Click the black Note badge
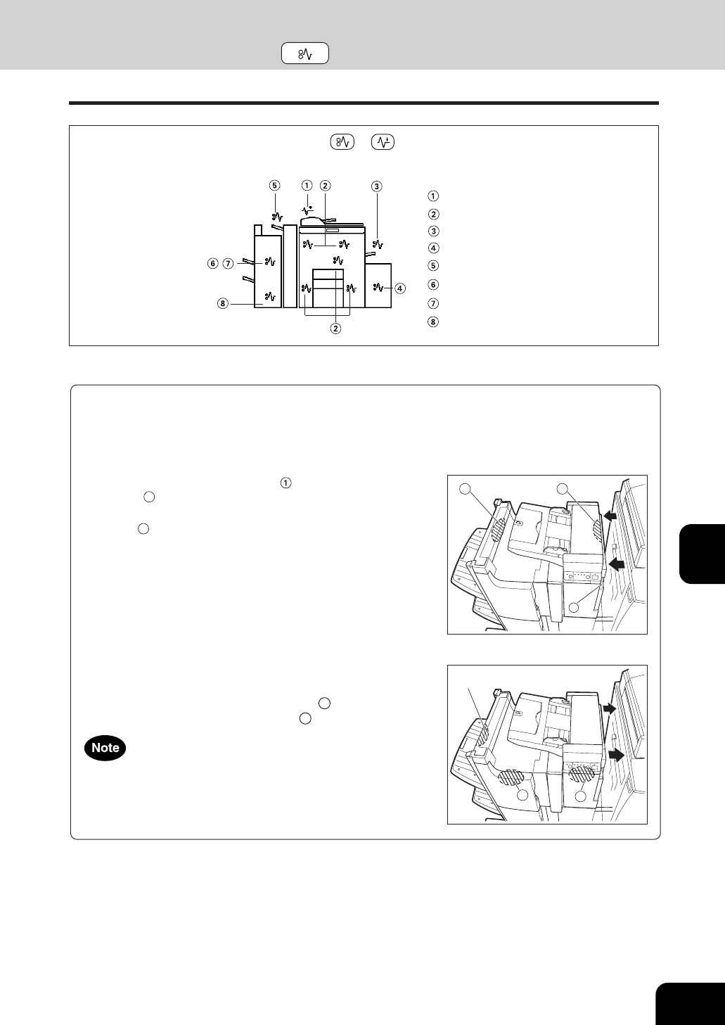tap(105, 748)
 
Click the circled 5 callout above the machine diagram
tap(274, 185)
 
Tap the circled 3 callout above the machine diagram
tap(376, 186)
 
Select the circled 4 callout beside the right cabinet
tap(400, 288)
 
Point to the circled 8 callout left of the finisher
tap(223, 303)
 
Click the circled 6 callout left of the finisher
tap(212, 264)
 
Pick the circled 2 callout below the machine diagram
tap(335, 328)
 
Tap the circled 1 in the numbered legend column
tap(432, 196)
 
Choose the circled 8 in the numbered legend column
tap(432, 321)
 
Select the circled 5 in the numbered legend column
tap(432, 265)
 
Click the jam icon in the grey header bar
tap(305, 53)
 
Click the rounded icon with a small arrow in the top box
tap(383, 142)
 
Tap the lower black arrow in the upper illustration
tap(617, 564)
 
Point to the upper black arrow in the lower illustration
tap(609, 708)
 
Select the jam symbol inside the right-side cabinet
tap(378, 287)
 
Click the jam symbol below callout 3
tap(378, 244)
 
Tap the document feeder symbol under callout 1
tap(307, 210)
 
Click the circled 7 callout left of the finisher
tap(229, 264)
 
